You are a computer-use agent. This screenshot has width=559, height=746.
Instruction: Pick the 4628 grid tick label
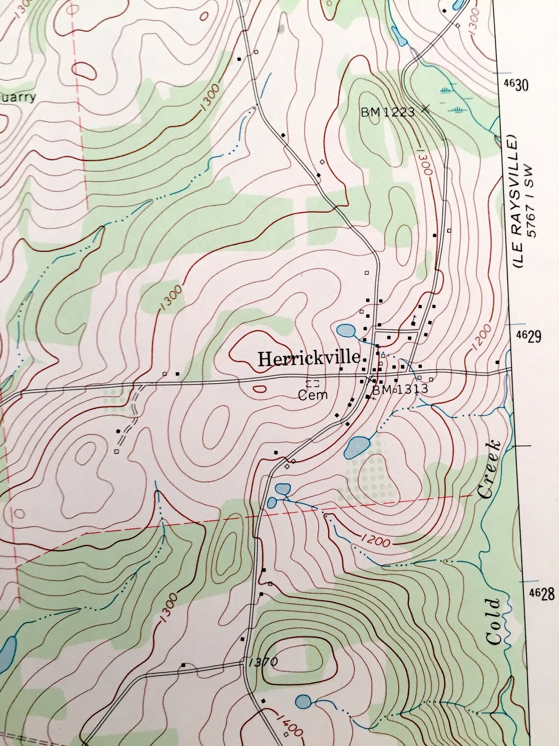click(x=541, y=594)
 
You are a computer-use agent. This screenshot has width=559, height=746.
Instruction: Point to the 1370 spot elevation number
click(x=263, y=662)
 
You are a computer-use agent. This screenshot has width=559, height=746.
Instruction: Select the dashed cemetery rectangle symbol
click(x=312, y=383)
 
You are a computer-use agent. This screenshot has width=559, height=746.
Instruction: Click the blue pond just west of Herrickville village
click(x=347, y=330)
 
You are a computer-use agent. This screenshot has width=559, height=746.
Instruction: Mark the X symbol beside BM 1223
click(x=425, y=109)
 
